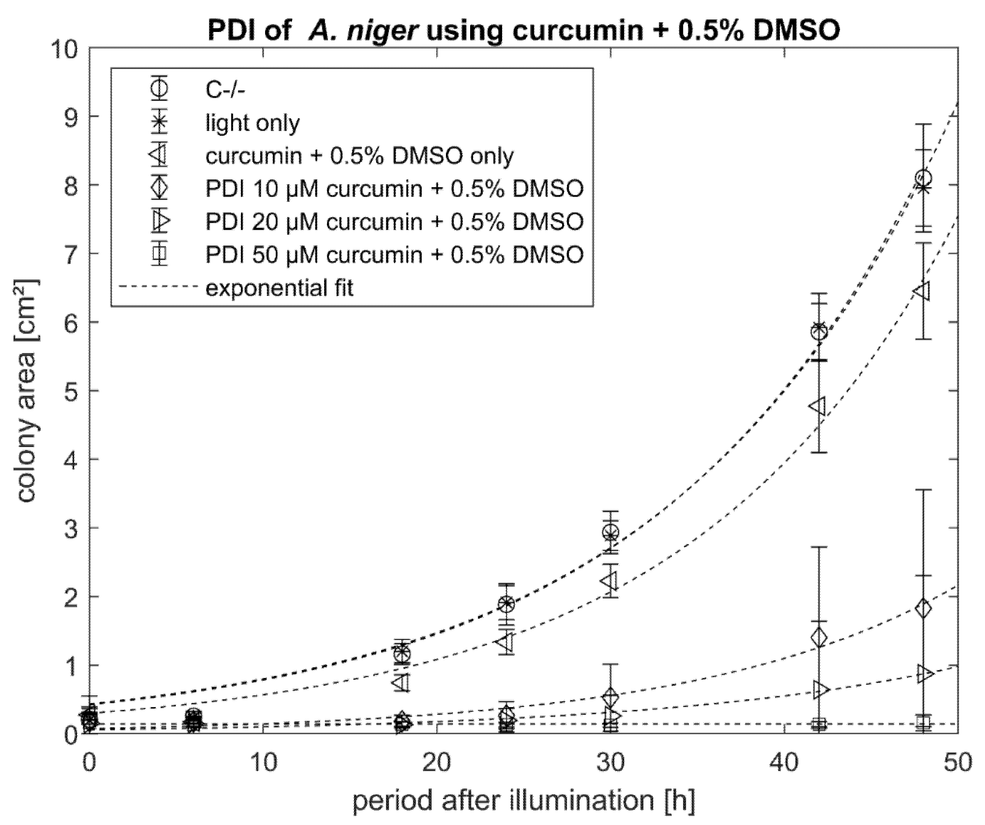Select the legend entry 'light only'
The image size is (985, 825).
[252, 123]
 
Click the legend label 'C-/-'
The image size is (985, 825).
[225, 90]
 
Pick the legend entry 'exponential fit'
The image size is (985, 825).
[279, 287]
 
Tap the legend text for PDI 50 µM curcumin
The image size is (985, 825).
[394, 255]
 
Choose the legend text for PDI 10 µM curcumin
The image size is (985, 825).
[394, 189]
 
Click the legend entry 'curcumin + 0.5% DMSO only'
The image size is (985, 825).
[359, 156]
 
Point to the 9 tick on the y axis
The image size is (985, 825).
[68, 117]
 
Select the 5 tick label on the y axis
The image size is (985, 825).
[68, 391]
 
